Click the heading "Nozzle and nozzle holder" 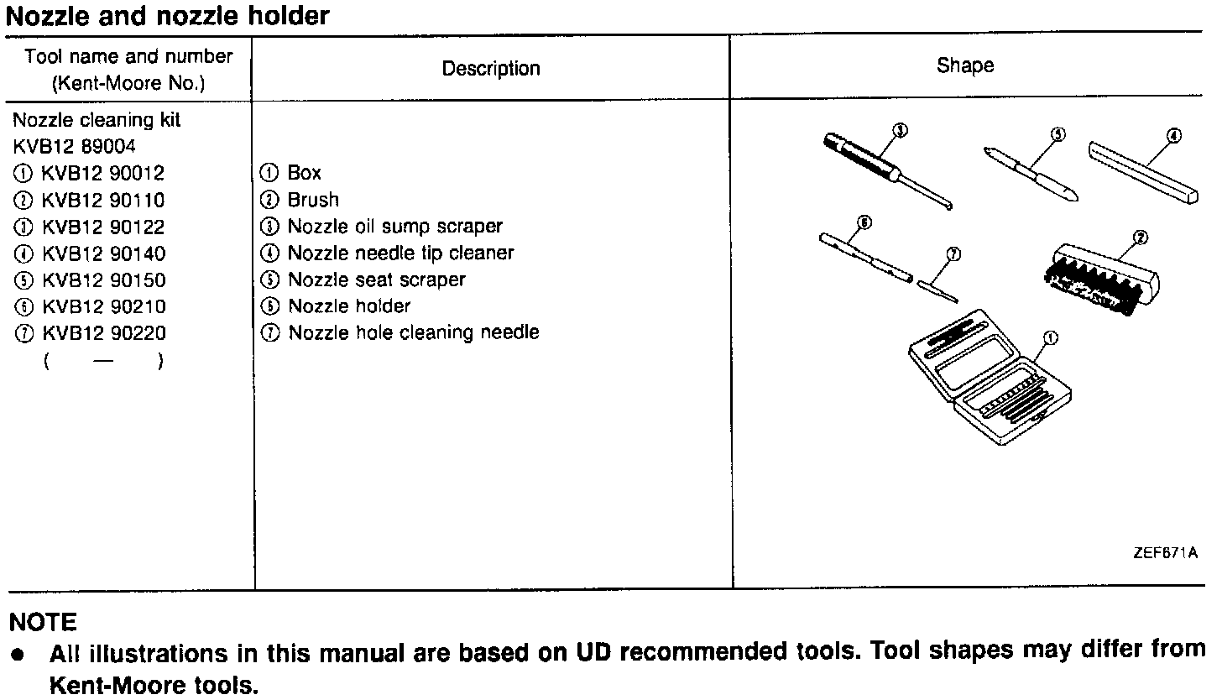point(168,15)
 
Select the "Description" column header point(491,69)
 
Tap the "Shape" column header point(965,65)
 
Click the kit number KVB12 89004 point(76,147)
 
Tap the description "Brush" point(313,200)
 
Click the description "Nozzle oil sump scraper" point(394,227)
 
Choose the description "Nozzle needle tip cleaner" point(400,253)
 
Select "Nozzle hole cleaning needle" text point(413,333)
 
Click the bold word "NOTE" point(42,623)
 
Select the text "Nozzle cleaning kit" point(97,120)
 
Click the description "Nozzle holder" point(349,306)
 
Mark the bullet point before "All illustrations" point(17,654)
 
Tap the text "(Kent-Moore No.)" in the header point(128,84)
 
